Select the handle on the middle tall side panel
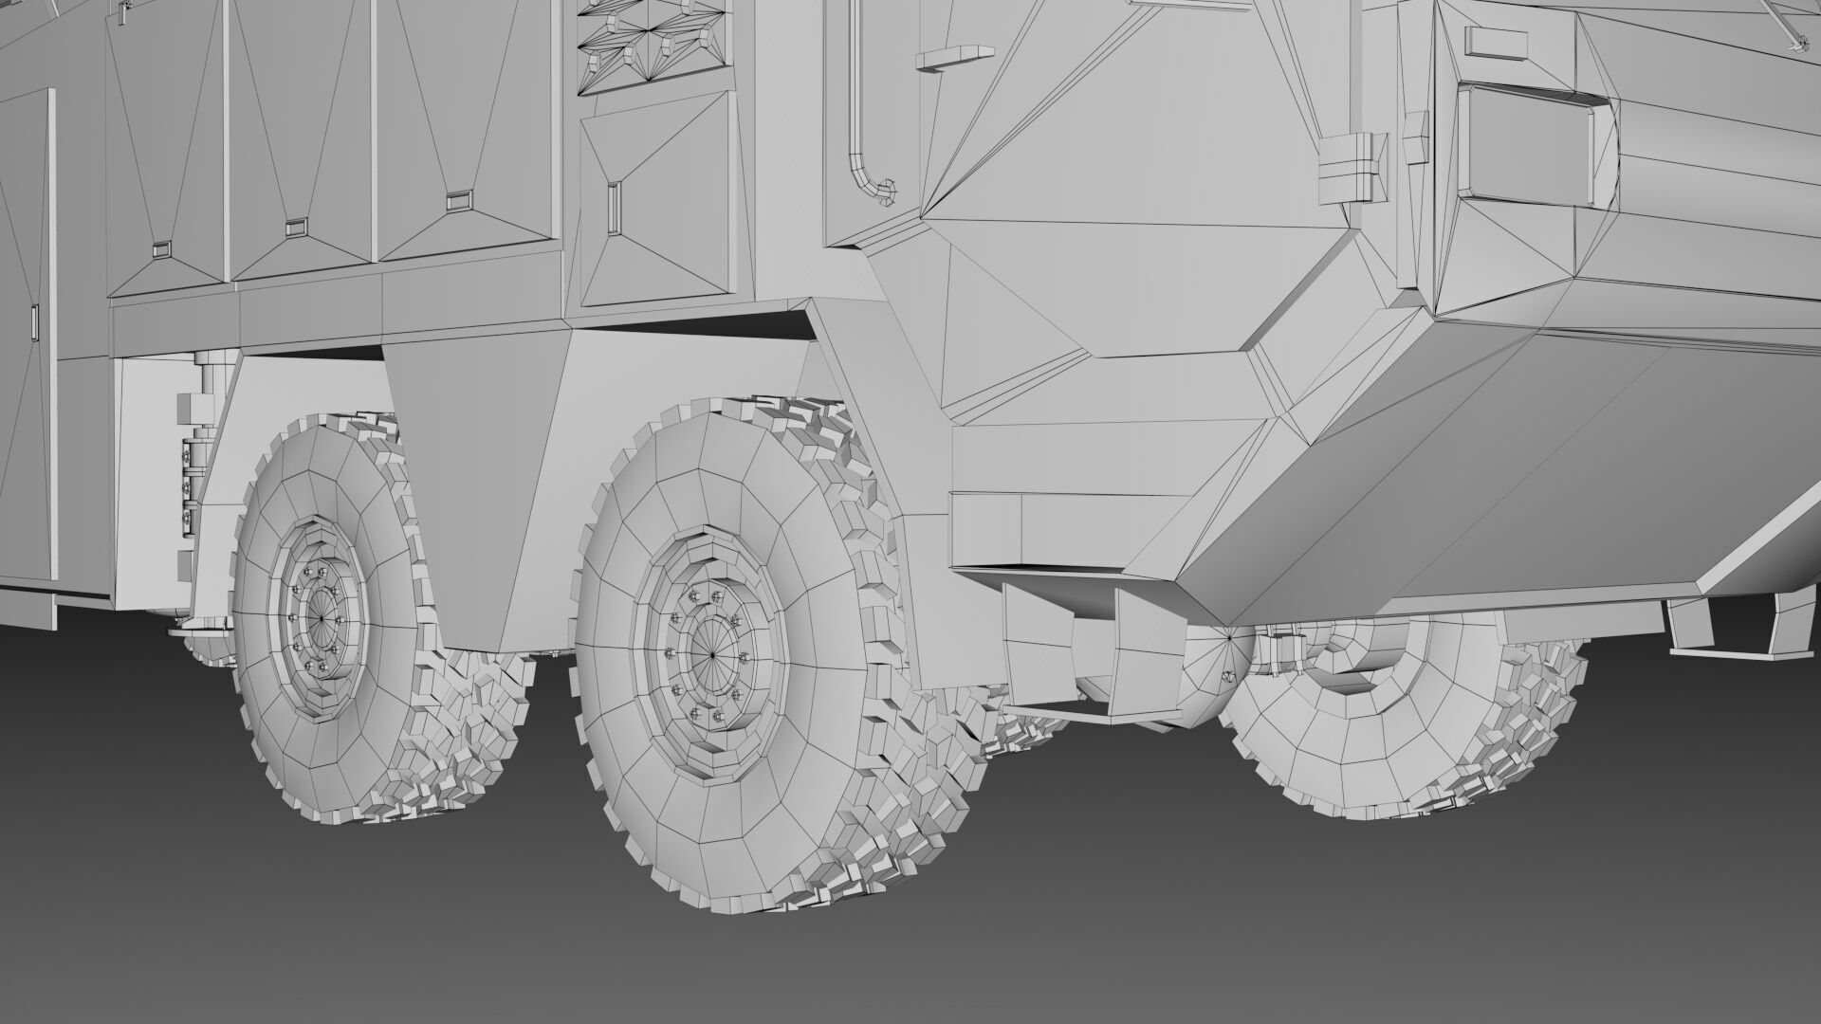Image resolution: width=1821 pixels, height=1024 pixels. [x=296, y=227]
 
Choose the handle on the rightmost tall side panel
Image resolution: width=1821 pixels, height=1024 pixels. [x=458, y=200]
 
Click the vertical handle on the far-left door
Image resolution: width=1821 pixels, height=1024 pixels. [x=35, y=322]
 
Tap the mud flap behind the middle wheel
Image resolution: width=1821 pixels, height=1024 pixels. [x=474, y=503]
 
